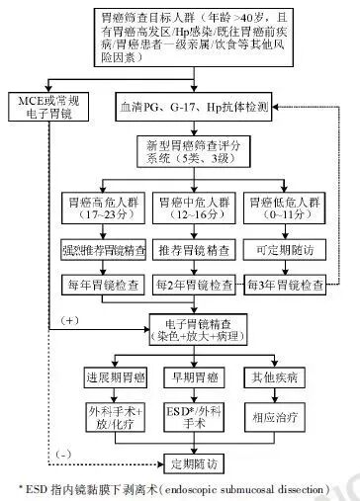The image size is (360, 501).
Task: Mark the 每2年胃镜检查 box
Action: click(197, 286)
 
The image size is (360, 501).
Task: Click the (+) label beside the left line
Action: click(67, 322)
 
